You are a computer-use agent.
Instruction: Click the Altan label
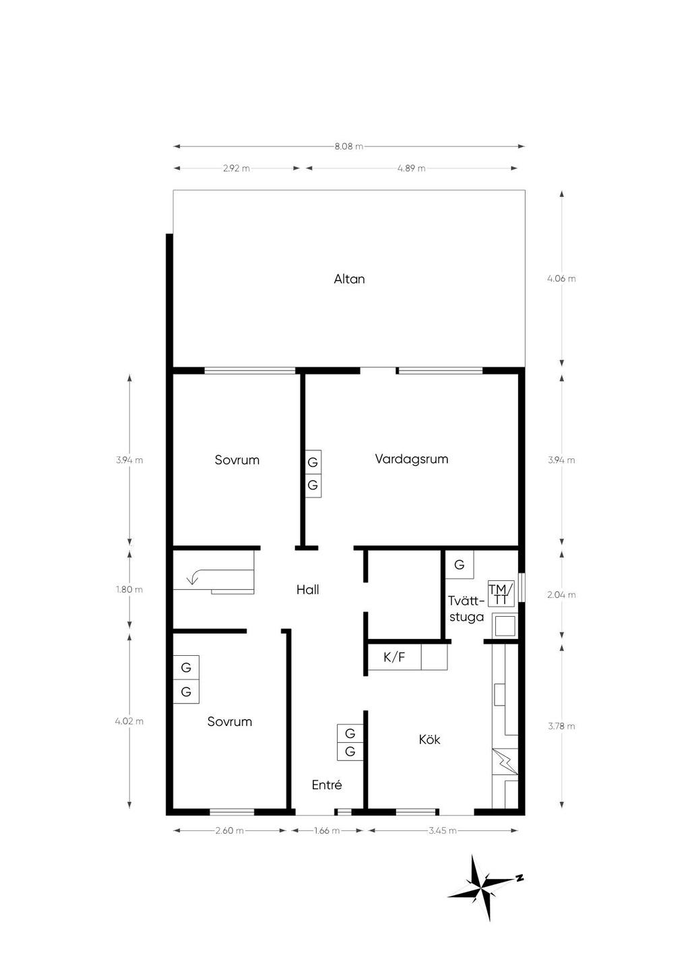click(349, 279)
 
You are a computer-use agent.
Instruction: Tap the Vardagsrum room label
click(411, 459)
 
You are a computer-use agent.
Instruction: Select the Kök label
click(429, 739)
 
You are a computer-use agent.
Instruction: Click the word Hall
click(307, 590)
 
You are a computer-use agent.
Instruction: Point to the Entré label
click(327, 785)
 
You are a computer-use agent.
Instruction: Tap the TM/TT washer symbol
click(501, 594)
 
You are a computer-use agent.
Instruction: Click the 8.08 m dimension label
click(349, 147)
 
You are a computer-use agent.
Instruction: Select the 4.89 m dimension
click(411, 169)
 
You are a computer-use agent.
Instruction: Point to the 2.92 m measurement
click(237, 169)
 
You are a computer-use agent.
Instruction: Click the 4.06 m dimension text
click(561, 279)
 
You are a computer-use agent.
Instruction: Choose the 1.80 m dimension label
click(129, 590)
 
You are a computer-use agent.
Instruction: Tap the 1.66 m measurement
click(327, 830)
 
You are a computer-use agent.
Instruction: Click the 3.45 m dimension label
click(443, 830)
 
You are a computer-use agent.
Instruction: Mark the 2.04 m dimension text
click(561, 594)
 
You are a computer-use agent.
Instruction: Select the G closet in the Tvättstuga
click(460, 565)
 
